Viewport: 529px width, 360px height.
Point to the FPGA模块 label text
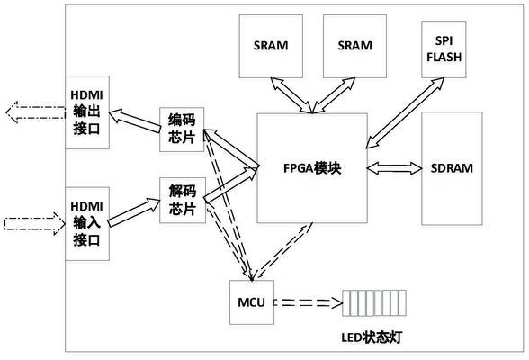pyautogui.click(x=312, y=168)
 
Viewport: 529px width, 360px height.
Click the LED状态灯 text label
pyautogui.click(x=372, y=337)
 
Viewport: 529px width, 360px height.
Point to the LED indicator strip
pyautogui.click(x=374, y=303)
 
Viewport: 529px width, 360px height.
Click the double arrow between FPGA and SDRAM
pyautogui.click(x=394, y=168)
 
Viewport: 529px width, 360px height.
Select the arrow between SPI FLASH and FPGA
pyautogui.click(x=405, y=113)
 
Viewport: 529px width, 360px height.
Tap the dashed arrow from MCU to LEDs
pyautogui.click(x=309, y=302)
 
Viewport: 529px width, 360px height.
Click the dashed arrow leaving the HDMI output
pyautogui.click(x=35, y=112)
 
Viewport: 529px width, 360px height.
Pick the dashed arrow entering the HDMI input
pyautogui.click(x=35, y=223)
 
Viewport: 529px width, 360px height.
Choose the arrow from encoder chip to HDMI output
pyautogui.click(x=135, y=121)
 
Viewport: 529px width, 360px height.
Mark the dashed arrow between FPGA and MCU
pyautogui.click(x=282, y=252)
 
